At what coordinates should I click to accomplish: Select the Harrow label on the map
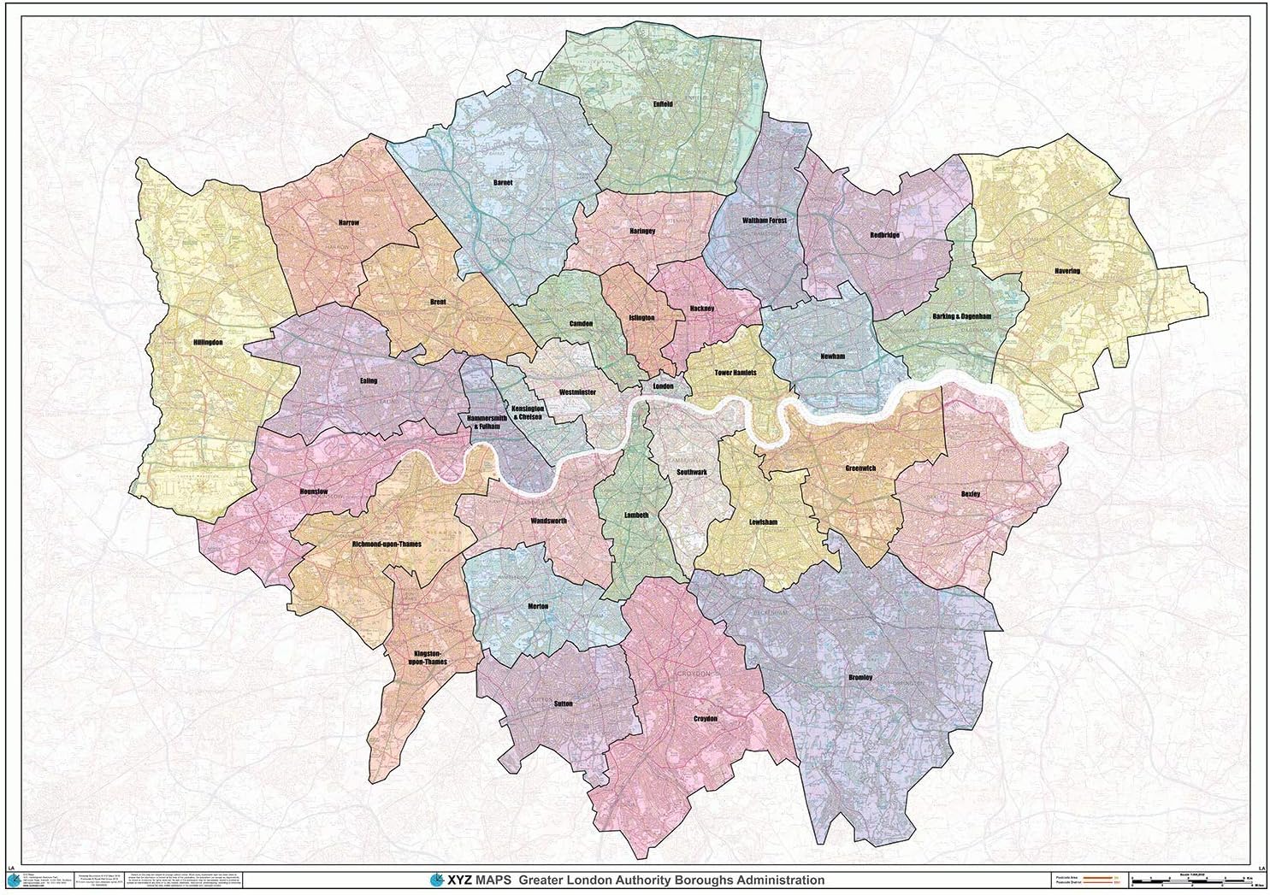point(349,221)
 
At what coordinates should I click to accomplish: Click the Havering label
point(1067,271)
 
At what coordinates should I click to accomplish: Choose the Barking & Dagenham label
point(960,316)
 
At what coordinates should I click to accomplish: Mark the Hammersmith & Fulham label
point(488,422)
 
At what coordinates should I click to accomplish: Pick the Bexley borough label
point(969,493)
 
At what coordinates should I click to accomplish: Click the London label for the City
point(663,386)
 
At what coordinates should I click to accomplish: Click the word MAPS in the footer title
point(490,880)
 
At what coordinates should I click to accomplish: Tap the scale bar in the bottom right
point(1193,879)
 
